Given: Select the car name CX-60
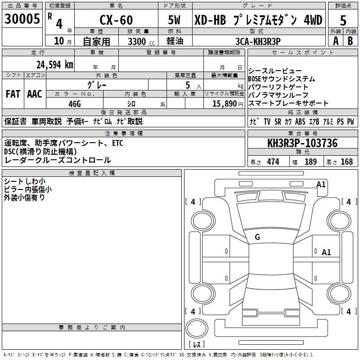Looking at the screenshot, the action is click(116, 20).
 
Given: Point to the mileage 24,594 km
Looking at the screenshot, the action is click(54, 64).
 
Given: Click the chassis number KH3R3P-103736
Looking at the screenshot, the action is click(302, 144).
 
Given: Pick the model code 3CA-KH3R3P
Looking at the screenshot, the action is click(258, 41).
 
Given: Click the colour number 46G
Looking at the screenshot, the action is click(74, 103).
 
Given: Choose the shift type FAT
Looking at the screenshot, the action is click(13, 94).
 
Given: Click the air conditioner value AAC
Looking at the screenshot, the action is click(35, 94).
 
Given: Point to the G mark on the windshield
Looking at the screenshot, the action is click(257, 237).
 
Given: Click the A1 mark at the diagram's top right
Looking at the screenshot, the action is click(321, 184).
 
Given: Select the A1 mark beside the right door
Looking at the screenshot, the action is click(326, 252).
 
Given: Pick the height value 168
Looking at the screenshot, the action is click(346, 162).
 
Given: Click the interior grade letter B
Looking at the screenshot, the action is click(350, 41).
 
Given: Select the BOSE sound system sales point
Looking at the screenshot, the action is click(282, 79).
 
